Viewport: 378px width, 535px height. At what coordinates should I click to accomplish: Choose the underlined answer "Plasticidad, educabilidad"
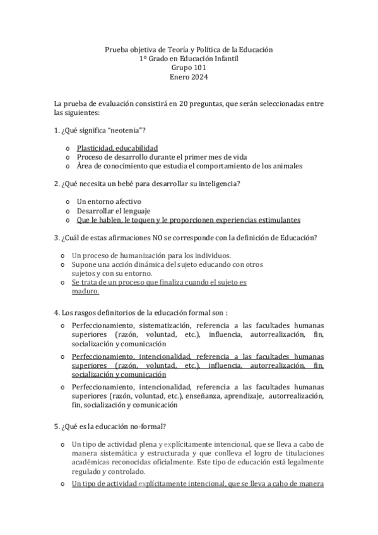tap(117, 148)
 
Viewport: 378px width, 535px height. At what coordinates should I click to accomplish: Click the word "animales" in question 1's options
tap(284, 166)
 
